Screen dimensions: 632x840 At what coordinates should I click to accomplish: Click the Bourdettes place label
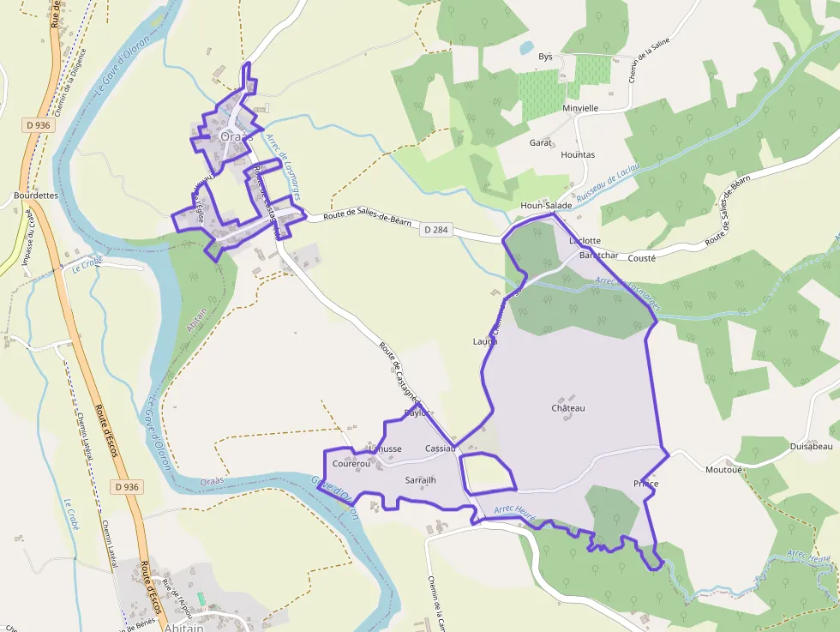pyautogui.click(x=35, y=195)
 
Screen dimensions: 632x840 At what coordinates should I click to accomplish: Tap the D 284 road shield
pyautogui.click(x=435, y=230)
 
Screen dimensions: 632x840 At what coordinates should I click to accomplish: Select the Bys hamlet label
pyautogui.click(x=545, y=57)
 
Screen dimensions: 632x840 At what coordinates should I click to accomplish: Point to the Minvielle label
pyautogui.click(x=580, y=109)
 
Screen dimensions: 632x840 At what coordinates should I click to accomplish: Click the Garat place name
pyautogui.click(x=541, y=143)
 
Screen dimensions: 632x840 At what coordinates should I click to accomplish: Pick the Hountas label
pyautogui.click(x=577, y=155)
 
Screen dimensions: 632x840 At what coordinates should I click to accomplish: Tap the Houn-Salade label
pyautogui.click(x=544, y=207)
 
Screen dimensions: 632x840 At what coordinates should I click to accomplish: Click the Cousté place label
pyautogui.click(x=642, y=257)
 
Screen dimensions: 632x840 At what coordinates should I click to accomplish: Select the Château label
pyautogui.click(x=568, y=408)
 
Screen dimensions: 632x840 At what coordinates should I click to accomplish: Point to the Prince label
pyautogui.click(x=645, y=485)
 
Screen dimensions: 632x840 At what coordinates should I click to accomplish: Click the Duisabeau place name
pyautogui.click(x=810, y=447)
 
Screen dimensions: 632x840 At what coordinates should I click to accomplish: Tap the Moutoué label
pyautogui.click(x=723, y=470)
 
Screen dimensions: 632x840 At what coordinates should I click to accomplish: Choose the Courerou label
pyautogui.click(x=351, y=463)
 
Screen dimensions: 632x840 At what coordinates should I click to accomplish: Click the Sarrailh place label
pyautogui.click(x=420, y=480)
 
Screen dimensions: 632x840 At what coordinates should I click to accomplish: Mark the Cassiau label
pyautogui.click(x=440, y=449)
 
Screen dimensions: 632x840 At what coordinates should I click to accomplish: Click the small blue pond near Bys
pyautogui.click(x=525, y=48)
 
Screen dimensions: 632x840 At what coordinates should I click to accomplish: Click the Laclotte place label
pyautogui.click(x=585, y=241)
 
